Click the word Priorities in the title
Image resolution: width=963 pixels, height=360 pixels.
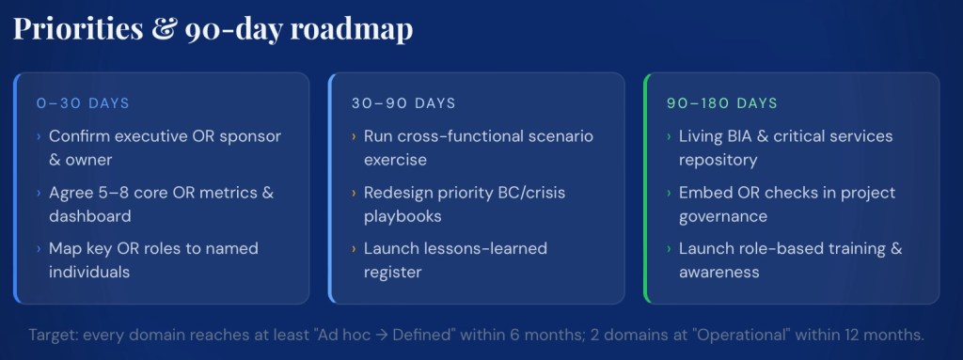(78, 28)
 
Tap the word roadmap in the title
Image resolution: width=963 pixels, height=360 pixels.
(351, 29)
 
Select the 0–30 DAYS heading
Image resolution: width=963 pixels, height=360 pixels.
(83, 103)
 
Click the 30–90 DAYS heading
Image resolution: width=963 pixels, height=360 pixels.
(403, 103)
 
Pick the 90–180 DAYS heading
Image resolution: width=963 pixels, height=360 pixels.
(722, 103)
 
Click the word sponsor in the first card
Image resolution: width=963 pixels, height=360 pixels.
(250, 136)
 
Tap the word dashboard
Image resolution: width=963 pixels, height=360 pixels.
(89, 216)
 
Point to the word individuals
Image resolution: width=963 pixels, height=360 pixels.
(89, 273)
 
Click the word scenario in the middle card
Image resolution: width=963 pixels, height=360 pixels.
(558, 135)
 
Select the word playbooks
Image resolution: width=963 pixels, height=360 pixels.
(403, 217)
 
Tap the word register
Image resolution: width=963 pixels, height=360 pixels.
(392, 273)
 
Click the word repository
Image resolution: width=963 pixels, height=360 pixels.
(718, 161)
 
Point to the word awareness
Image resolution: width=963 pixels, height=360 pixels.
(719, 273)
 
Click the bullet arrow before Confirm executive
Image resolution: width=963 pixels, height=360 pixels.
(39, 136)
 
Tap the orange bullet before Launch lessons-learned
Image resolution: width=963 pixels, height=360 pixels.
(355, 249)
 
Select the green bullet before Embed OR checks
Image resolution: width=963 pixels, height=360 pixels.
(670, 193)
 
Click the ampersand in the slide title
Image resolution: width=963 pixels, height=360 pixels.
(164, 29)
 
